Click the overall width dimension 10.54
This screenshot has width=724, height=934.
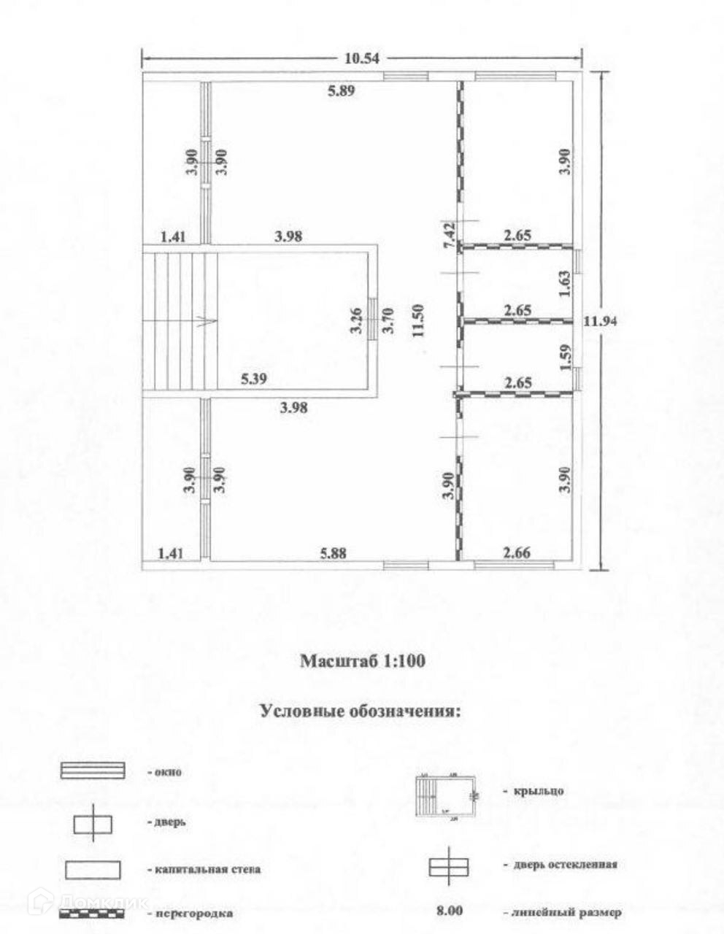[362, 59]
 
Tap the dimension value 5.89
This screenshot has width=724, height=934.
[341, 91]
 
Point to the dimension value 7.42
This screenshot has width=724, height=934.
[450, 236]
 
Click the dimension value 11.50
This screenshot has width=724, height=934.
[417, 320]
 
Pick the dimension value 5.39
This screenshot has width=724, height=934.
[256, 379]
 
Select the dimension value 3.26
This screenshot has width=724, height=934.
[356, 320]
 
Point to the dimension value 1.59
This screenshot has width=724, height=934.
[563, 358]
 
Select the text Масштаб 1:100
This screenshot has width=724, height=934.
[363, 662]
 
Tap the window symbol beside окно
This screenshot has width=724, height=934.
[93, 771]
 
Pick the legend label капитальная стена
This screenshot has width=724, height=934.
[207, 870]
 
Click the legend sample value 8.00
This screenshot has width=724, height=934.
[449, 911]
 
